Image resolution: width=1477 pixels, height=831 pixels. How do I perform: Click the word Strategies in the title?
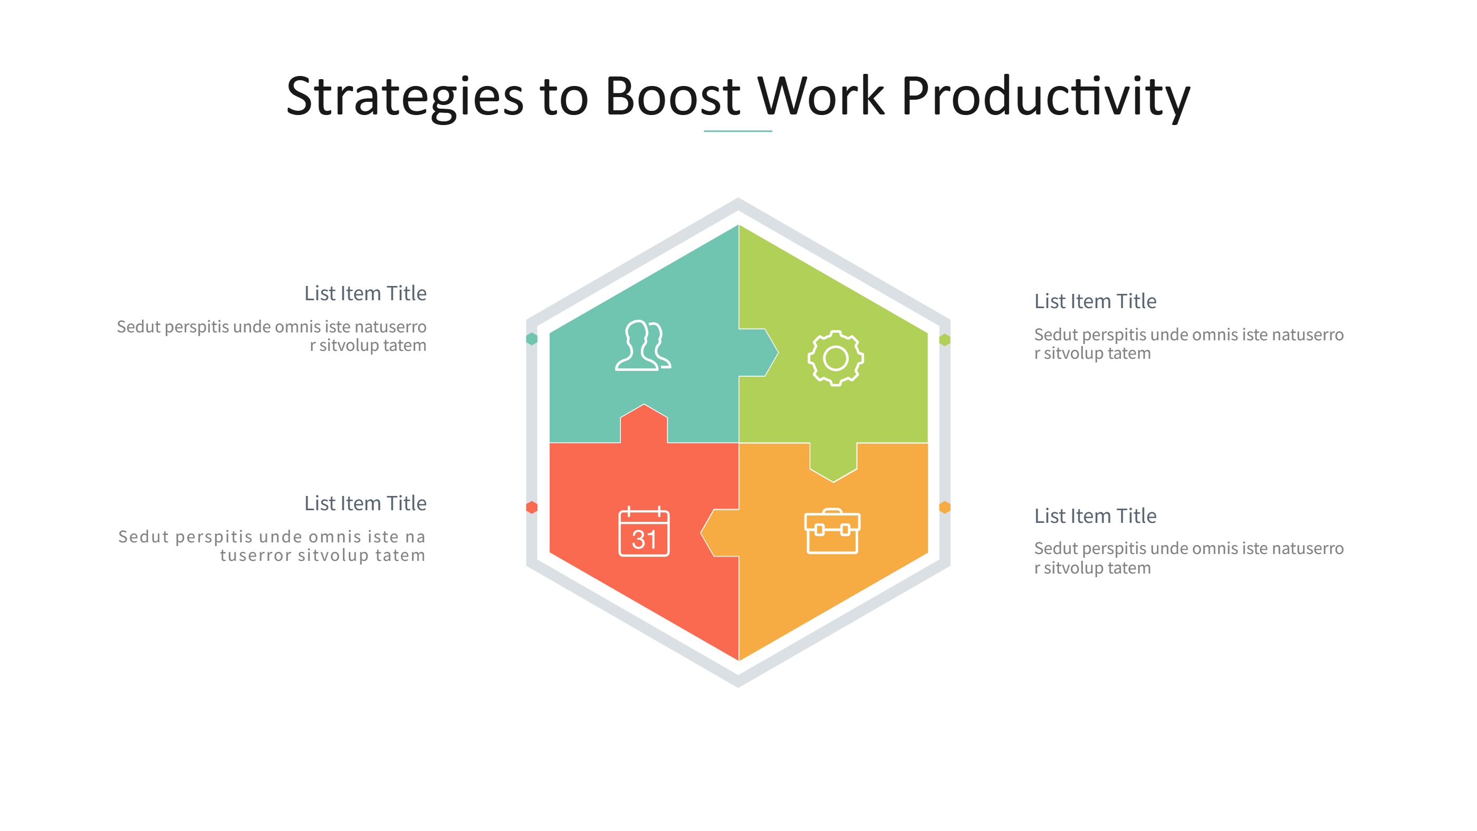point(404,97)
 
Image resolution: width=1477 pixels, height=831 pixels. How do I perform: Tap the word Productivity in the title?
point(1044,97)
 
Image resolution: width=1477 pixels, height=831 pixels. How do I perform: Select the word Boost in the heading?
point(672,97)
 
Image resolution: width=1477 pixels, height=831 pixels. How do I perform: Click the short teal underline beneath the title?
point(737,131)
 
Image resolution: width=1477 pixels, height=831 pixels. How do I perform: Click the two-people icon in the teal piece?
point(642,346)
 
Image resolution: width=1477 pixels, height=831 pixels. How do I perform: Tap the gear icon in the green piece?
point(836,358)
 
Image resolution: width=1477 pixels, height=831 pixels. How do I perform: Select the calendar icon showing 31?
point(644,532)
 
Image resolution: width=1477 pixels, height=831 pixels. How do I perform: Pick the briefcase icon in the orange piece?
point(832,531)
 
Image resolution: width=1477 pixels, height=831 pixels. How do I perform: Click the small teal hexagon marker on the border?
point(532,339)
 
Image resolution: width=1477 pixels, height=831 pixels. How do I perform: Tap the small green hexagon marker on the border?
point(944,340)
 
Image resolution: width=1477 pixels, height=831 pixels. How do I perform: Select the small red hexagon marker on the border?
point(532,507)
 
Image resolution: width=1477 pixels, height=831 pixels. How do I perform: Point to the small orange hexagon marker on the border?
point(944,507)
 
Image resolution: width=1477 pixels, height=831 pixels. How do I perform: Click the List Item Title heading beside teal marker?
point(365,293)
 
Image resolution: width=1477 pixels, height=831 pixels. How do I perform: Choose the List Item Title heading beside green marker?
point(1095,301)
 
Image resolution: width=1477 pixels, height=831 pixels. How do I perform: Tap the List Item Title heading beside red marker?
point(365,503)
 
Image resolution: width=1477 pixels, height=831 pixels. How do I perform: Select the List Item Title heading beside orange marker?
point(1095,515)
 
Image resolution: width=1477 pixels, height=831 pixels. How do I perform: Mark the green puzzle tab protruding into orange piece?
point(832,461)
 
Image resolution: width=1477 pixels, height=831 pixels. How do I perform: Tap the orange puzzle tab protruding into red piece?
point(720,532)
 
